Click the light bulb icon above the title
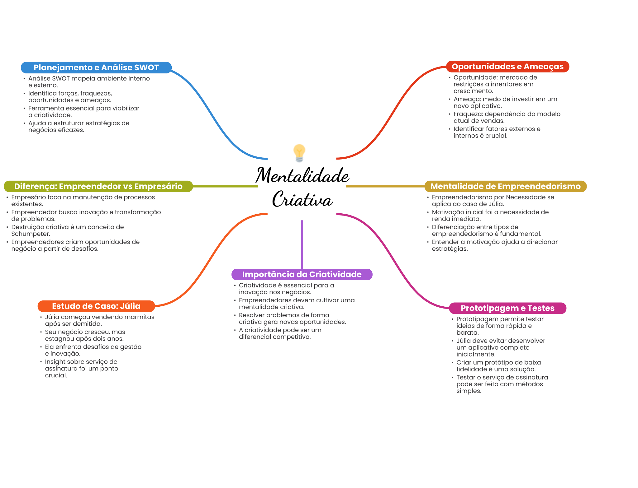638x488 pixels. (x=299, y=153)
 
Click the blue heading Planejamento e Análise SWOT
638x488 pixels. (x=96, y=67)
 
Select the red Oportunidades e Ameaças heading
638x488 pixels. (x=507, y=67)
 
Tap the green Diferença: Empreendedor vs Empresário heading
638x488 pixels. (x=98, y=186)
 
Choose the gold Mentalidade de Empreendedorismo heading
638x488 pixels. (x=506, y=186)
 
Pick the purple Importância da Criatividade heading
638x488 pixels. (x=302, y=274)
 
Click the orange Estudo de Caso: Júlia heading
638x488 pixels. (x=96, y=306)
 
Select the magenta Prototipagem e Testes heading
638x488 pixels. (x=508, y=308)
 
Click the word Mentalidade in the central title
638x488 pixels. (x=302, y=175)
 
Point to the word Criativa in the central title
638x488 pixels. (x=302, y=199)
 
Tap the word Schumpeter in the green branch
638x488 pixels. (x=30, y=234)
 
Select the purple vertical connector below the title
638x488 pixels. (x=302, y=244)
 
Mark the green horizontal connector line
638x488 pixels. (x=226, y=186)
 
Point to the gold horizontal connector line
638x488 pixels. (x=385, y=186)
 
